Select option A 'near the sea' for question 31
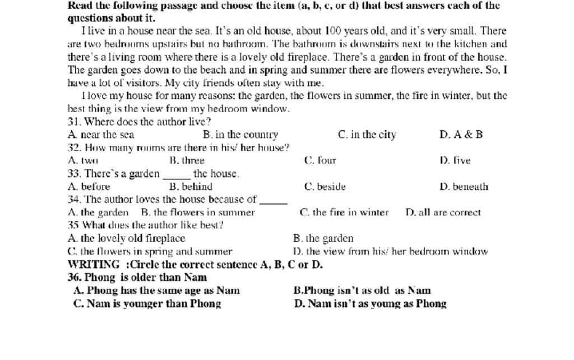pos(101,135)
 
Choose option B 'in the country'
pos(240,135)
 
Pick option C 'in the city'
pos(367,135)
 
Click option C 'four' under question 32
pos(320,160)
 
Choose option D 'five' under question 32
pos(455,160)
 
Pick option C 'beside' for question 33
pos(325,187)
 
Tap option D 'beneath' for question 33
pos(464,187)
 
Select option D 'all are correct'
pos(443,213)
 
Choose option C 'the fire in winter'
pos(344,213)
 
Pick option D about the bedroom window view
pos(390,252)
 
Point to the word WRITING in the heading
pos(94,265)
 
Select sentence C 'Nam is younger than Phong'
pos(147,304)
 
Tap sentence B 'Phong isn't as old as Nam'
pos(362,290)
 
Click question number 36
pos(74,278)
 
